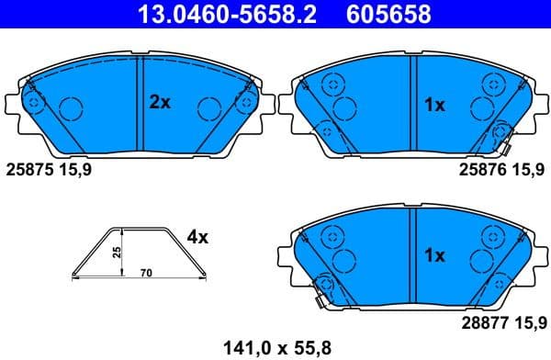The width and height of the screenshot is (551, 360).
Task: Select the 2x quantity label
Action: coord(160,103)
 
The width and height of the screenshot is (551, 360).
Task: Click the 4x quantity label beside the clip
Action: coord(197,237)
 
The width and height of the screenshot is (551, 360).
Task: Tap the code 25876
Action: coord(480,170)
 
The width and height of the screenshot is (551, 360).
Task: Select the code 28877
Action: coord(480,322)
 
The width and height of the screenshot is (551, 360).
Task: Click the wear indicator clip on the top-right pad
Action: coord(504,140)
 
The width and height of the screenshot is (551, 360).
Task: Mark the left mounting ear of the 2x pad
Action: coord(12,103)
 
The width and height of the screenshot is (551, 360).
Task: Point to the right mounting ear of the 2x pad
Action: coord(264,103)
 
